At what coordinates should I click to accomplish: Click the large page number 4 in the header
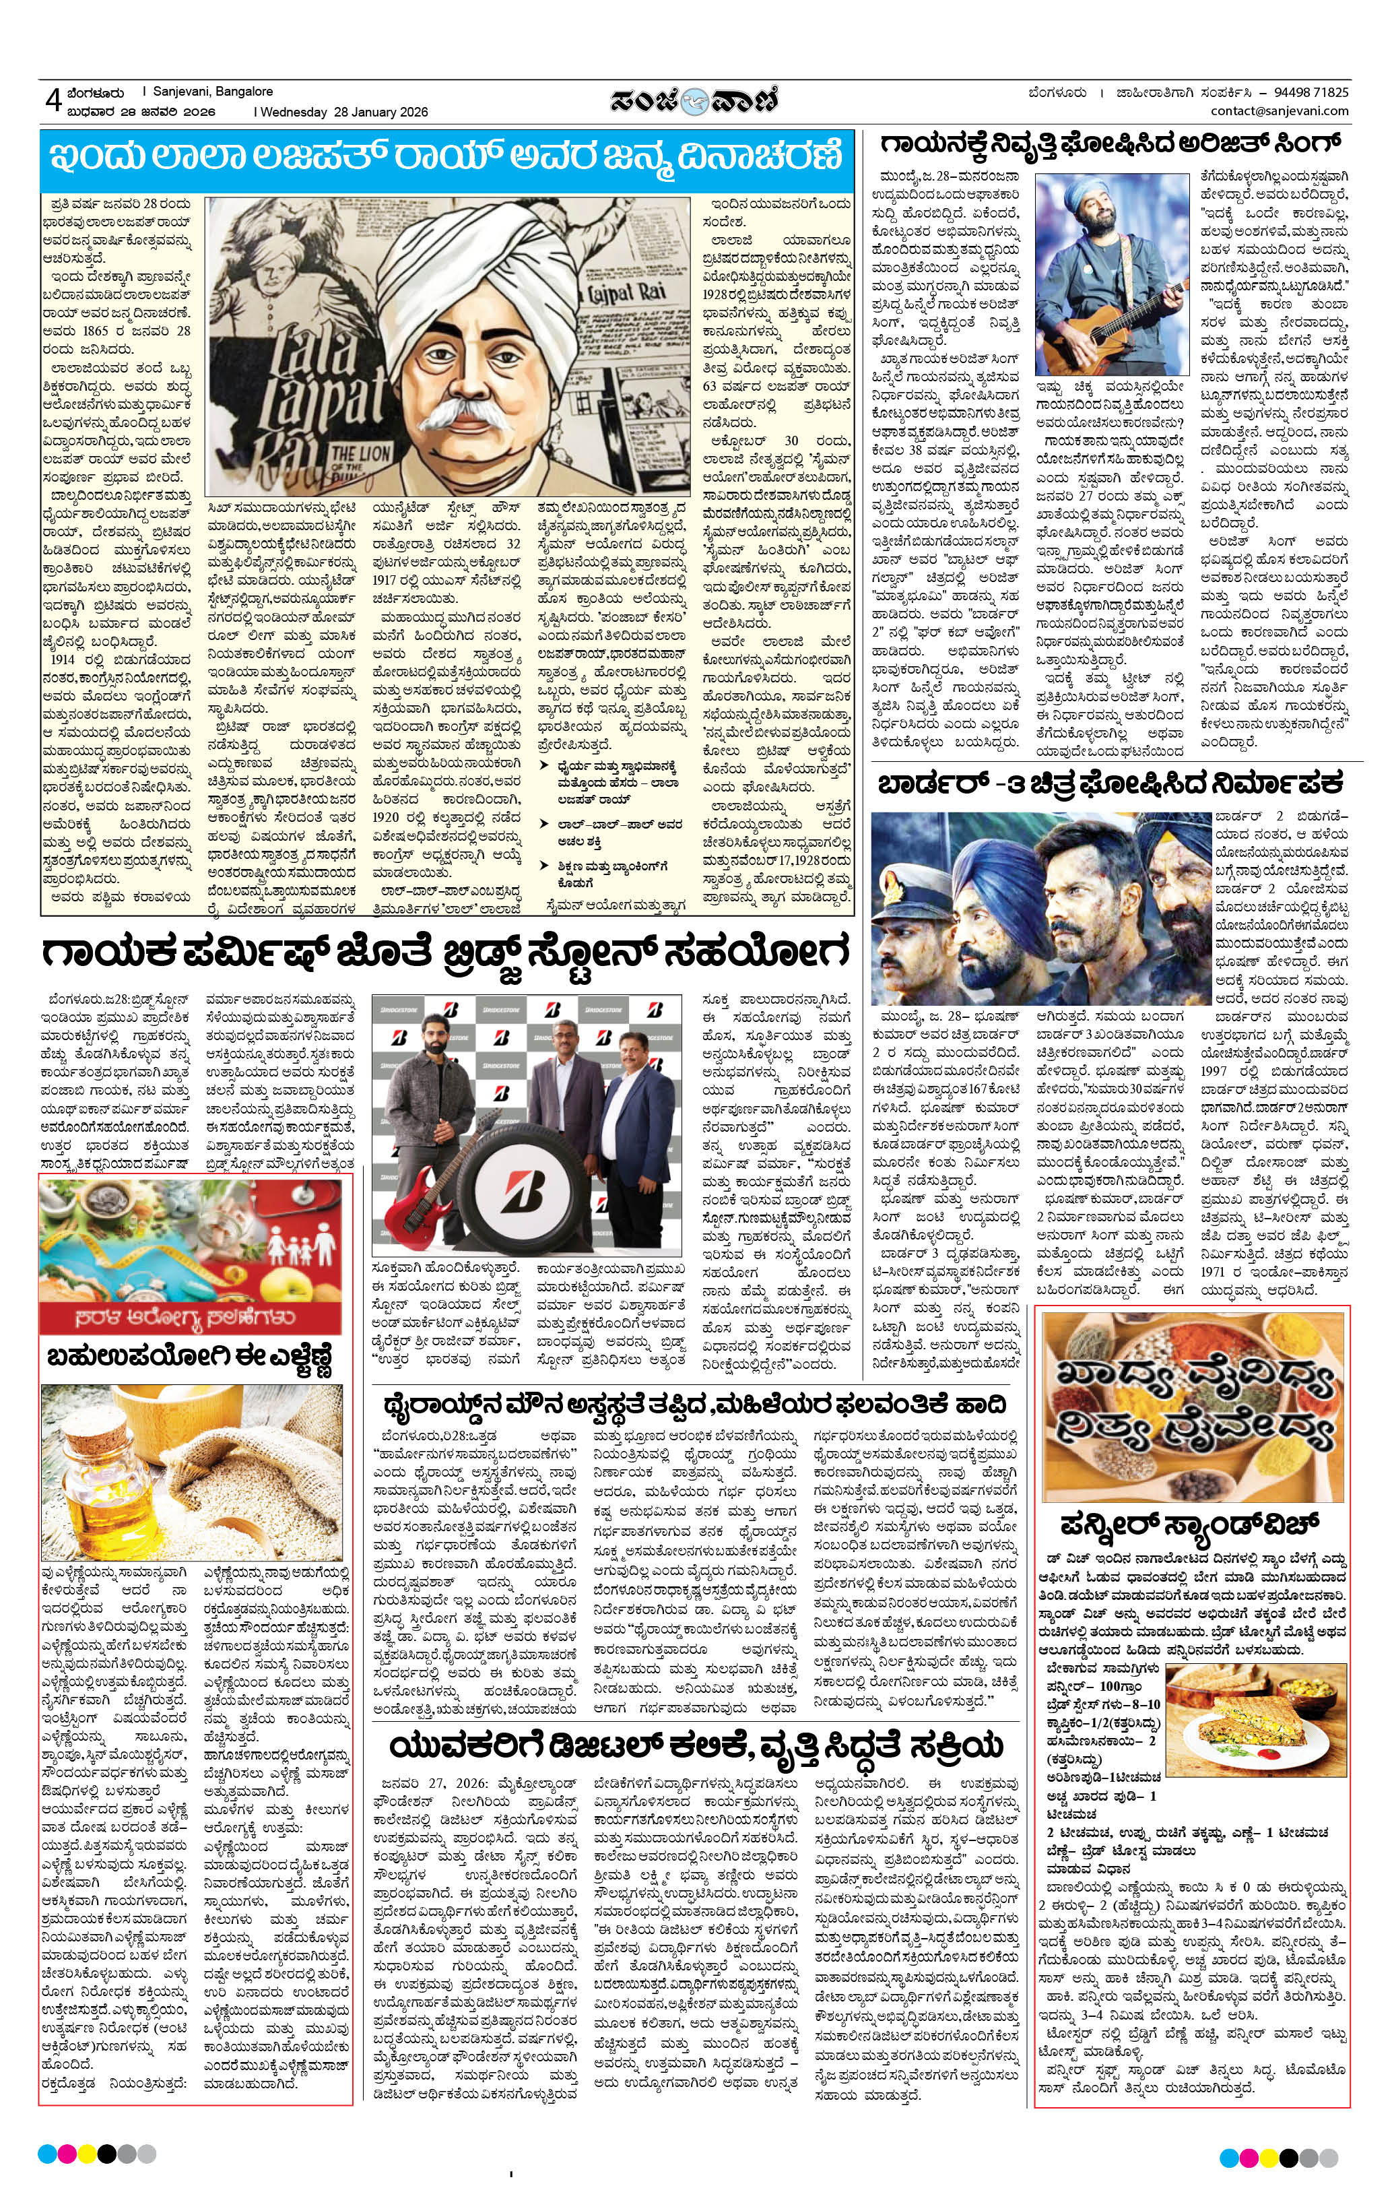(x=52, y=100)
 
